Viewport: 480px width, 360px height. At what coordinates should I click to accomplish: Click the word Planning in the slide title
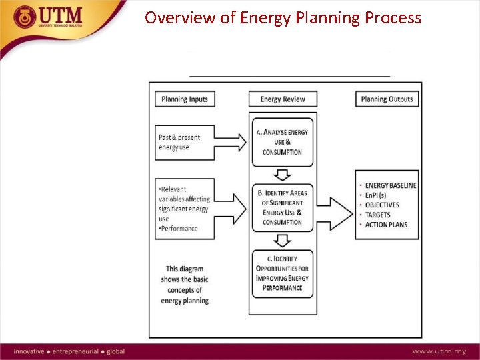point(327,17)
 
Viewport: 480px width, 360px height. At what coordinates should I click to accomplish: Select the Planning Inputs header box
point(185,99)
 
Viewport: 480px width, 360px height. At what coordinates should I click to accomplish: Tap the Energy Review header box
point(283,99)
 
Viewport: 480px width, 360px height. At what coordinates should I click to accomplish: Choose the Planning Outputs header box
point(387,99)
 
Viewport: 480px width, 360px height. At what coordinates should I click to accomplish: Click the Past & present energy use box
point(185,142)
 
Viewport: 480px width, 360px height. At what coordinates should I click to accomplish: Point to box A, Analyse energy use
point(283,142)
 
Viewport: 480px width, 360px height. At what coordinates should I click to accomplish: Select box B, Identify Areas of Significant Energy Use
point(283,207)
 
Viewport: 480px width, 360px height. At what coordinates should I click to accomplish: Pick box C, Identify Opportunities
point(283,273)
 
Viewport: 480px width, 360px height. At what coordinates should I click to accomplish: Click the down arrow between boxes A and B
point(283,175)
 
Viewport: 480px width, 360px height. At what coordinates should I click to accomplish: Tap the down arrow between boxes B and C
point(283,241)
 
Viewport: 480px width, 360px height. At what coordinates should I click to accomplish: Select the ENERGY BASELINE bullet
point(391,185)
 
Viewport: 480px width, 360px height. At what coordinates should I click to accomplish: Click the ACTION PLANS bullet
point(386,225)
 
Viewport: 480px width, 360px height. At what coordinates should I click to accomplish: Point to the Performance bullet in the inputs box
point(178,229)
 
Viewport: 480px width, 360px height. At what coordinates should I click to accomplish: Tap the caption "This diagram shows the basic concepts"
point(185,285)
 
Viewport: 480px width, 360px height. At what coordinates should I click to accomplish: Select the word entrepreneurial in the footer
point(77,351)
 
